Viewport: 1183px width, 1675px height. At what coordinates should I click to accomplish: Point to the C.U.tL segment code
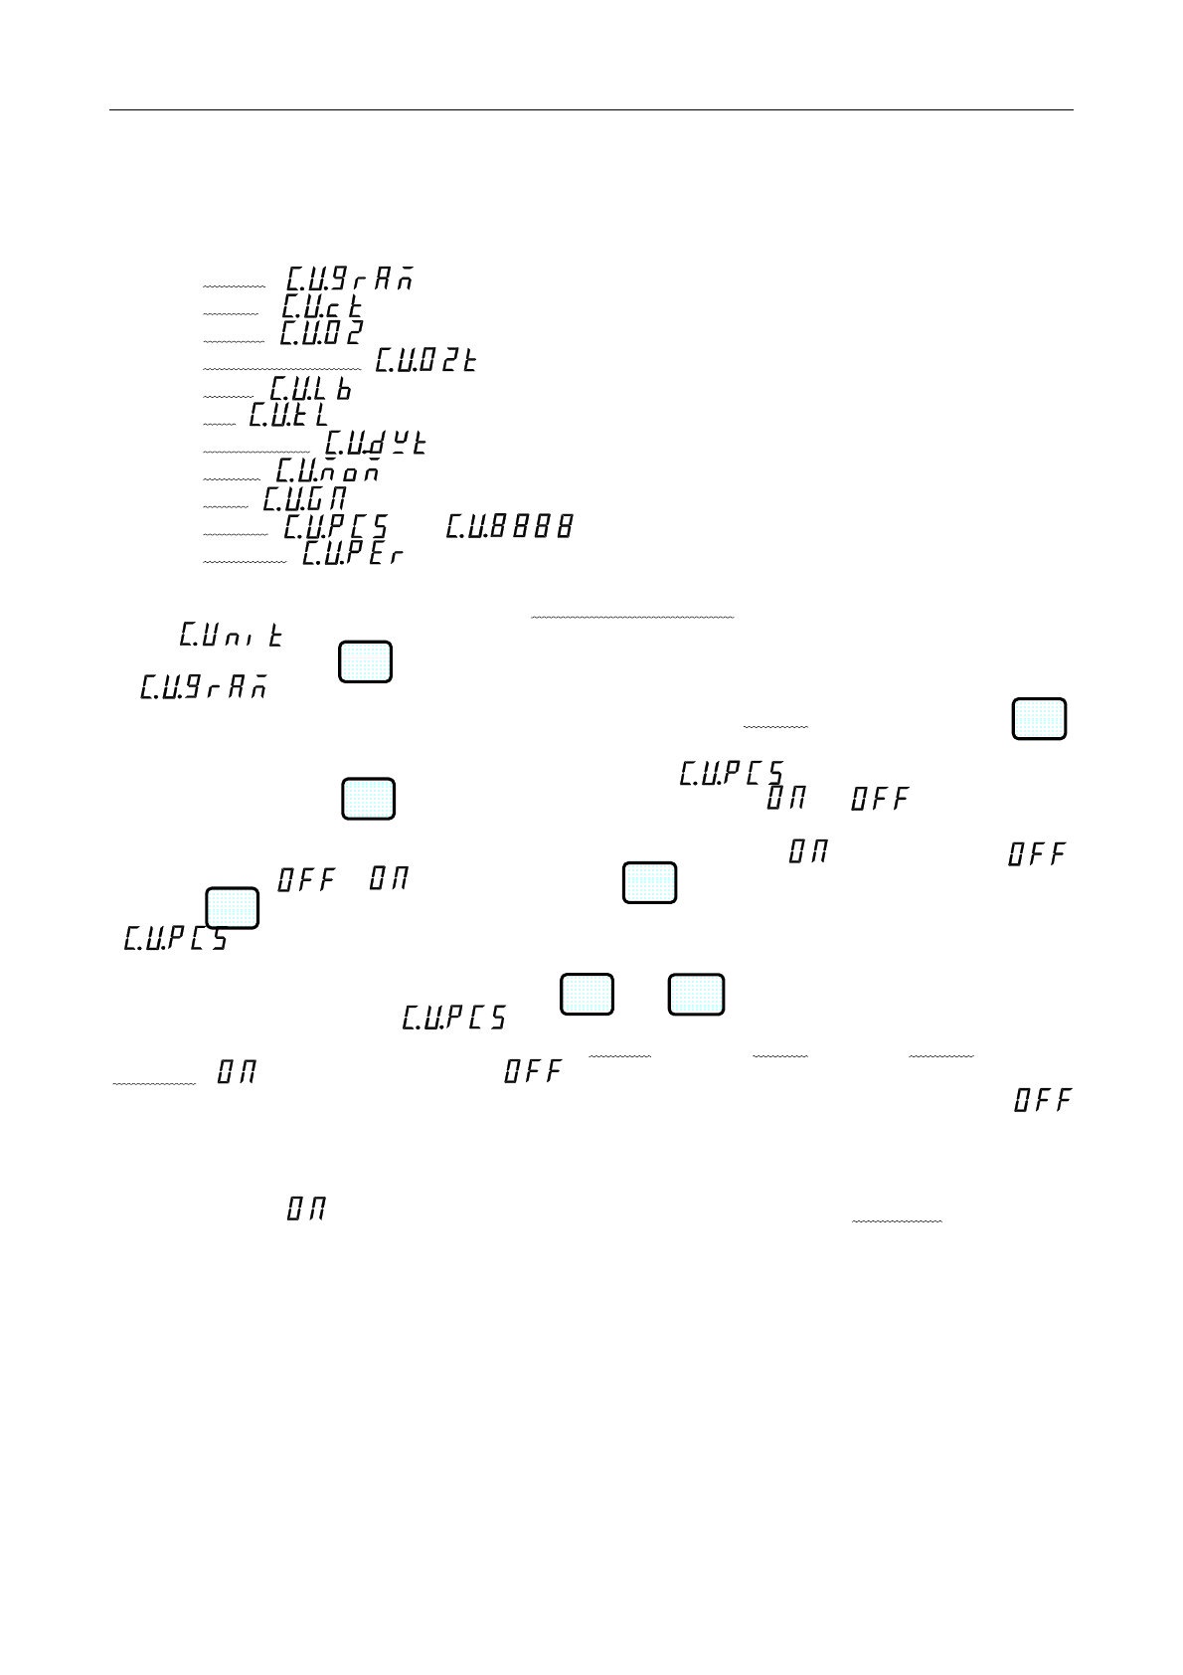(288, 414)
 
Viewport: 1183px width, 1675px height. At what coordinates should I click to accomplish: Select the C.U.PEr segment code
(353, 553)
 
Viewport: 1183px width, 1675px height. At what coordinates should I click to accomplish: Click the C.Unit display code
(232, 635)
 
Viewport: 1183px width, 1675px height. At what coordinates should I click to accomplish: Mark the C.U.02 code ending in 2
(321, 333)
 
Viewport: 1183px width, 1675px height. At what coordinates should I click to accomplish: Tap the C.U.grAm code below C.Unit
(204, 687)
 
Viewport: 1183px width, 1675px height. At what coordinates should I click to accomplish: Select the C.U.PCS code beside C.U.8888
(336, 526)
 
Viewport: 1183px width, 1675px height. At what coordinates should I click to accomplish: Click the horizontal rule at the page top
(591, 109)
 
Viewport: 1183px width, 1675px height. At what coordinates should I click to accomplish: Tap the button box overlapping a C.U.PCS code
(233, 907)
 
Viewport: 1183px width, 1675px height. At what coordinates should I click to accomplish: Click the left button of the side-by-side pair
(587, 995)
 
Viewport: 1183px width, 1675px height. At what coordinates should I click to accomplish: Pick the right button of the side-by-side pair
(696, 995)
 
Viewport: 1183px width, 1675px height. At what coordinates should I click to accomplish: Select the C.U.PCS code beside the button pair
(454, 1018)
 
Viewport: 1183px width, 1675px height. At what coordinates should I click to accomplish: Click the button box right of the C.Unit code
(365, 661)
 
